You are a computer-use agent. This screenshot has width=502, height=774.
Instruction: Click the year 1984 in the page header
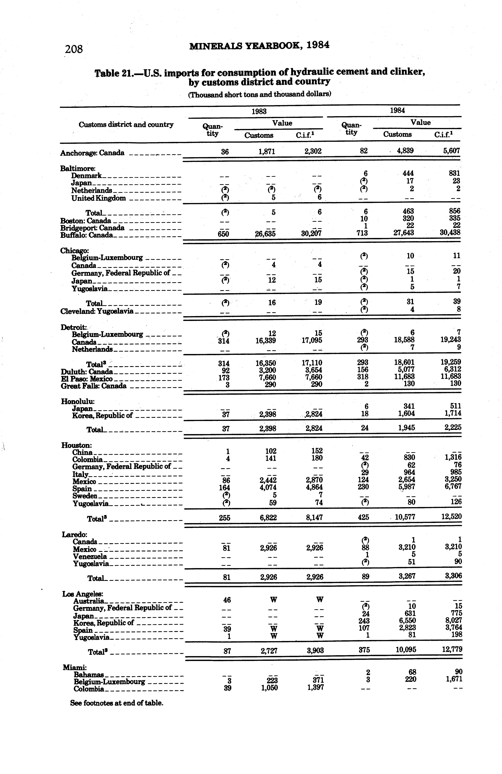click(x=318, y=45)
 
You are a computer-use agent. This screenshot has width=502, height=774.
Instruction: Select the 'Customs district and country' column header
click(x=126, y=125)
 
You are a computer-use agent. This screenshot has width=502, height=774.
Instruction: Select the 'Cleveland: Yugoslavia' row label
click(x=97, y=311)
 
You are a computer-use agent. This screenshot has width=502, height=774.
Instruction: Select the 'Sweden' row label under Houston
click(x=85, y=496)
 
